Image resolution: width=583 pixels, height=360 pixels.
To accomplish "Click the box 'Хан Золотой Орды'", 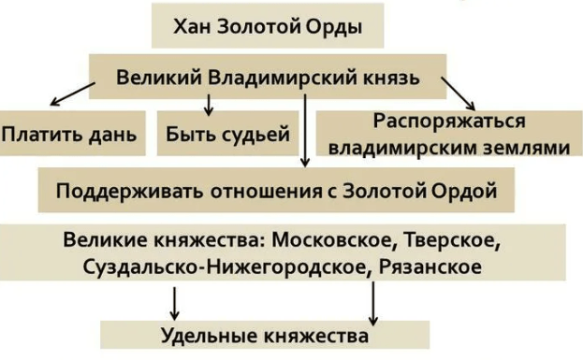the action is pyautogui.click(x=268, y=26).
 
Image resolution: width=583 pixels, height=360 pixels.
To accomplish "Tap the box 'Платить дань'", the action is pyautogui.click(x=69, y=134).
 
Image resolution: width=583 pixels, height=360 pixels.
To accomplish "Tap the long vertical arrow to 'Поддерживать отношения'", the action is pyautogui.click(x=306, y=131).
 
